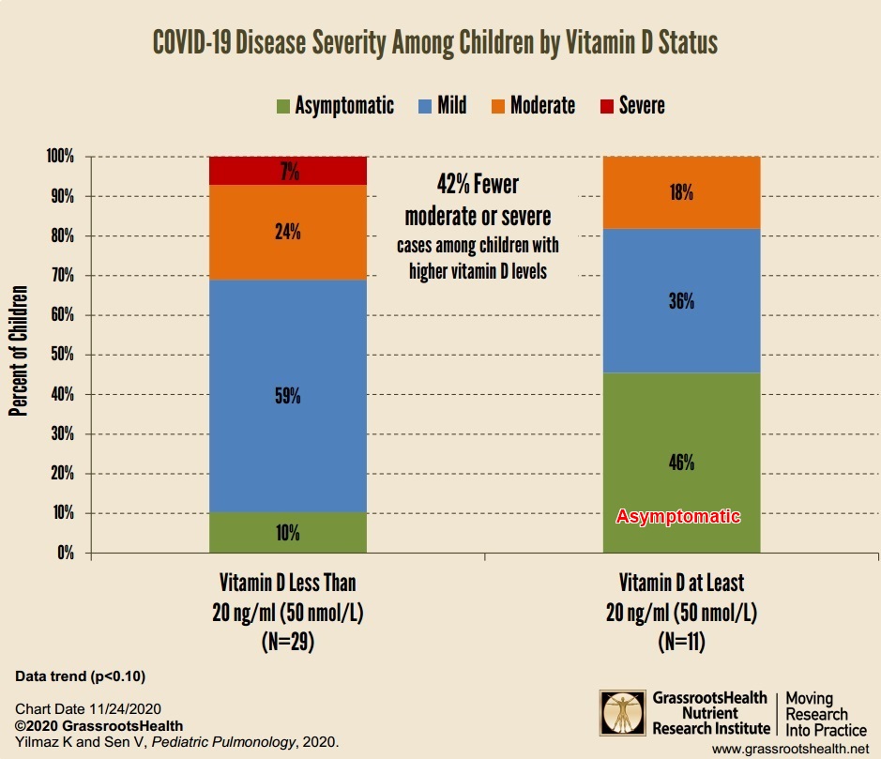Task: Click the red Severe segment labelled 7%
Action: click(287, 170)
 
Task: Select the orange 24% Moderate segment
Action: click(287, 232)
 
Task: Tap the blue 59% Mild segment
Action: click(287, 396)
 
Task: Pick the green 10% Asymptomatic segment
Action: click(287, 533)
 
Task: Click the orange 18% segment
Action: click(681, 192)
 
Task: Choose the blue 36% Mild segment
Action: click(681, 301)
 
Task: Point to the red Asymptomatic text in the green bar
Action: click(678, 517)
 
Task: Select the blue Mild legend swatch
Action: click(423, 105)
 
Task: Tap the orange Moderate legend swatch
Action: click(497, 105)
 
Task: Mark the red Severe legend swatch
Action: click(605, 105)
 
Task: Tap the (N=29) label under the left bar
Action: click(287, 645)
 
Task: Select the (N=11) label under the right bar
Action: click(681, 645)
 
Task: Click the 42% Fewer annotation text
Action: click(478, 184)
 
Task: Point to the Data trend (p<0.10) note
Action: click(81, 676)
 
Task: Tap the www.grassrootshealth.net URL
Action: click(790, 749)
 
